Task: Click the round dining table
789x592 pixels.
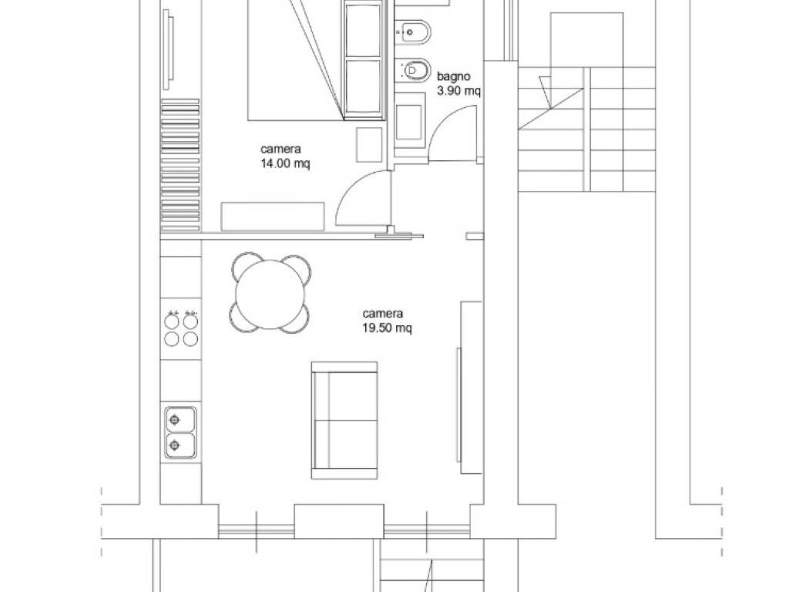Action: (x=271, y=294)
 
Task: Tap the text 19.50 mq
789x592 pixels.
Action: (x=387, y=328)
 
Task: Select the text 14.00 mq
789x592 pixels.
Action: (x=285, y=163)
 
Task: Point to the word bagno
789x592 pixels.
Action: (x=453, y=76)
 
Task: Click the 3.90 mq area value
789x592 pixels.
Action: (x=459, y=91)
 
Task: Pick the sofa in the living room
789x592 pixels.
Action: (x=344, y=420)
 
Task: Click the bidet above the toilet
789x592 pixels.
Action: (x=413, y=32)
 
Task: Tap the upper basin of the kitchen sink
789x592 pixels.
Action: (x=180, y=419)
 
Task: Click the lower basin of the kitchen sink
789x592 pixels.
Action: (x=180, y=445)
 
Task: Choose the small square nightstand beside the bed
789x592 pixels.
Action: (x=369, y=144)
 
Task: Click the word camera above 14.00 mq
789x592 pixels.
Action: (x=280, y=149)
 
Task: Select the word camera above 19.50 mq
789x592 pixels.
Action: (x=383, y=314)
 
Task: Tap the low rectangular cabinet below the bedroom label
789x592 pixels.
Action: (x=273, y=217)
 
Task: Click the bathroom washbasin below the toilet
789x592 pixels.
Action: (x=408, y=123)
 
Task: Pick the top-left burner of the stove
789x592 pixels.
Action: (x=172, y=321)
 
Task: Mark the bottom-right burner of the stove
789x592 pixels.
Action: (x=190, y=339)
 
